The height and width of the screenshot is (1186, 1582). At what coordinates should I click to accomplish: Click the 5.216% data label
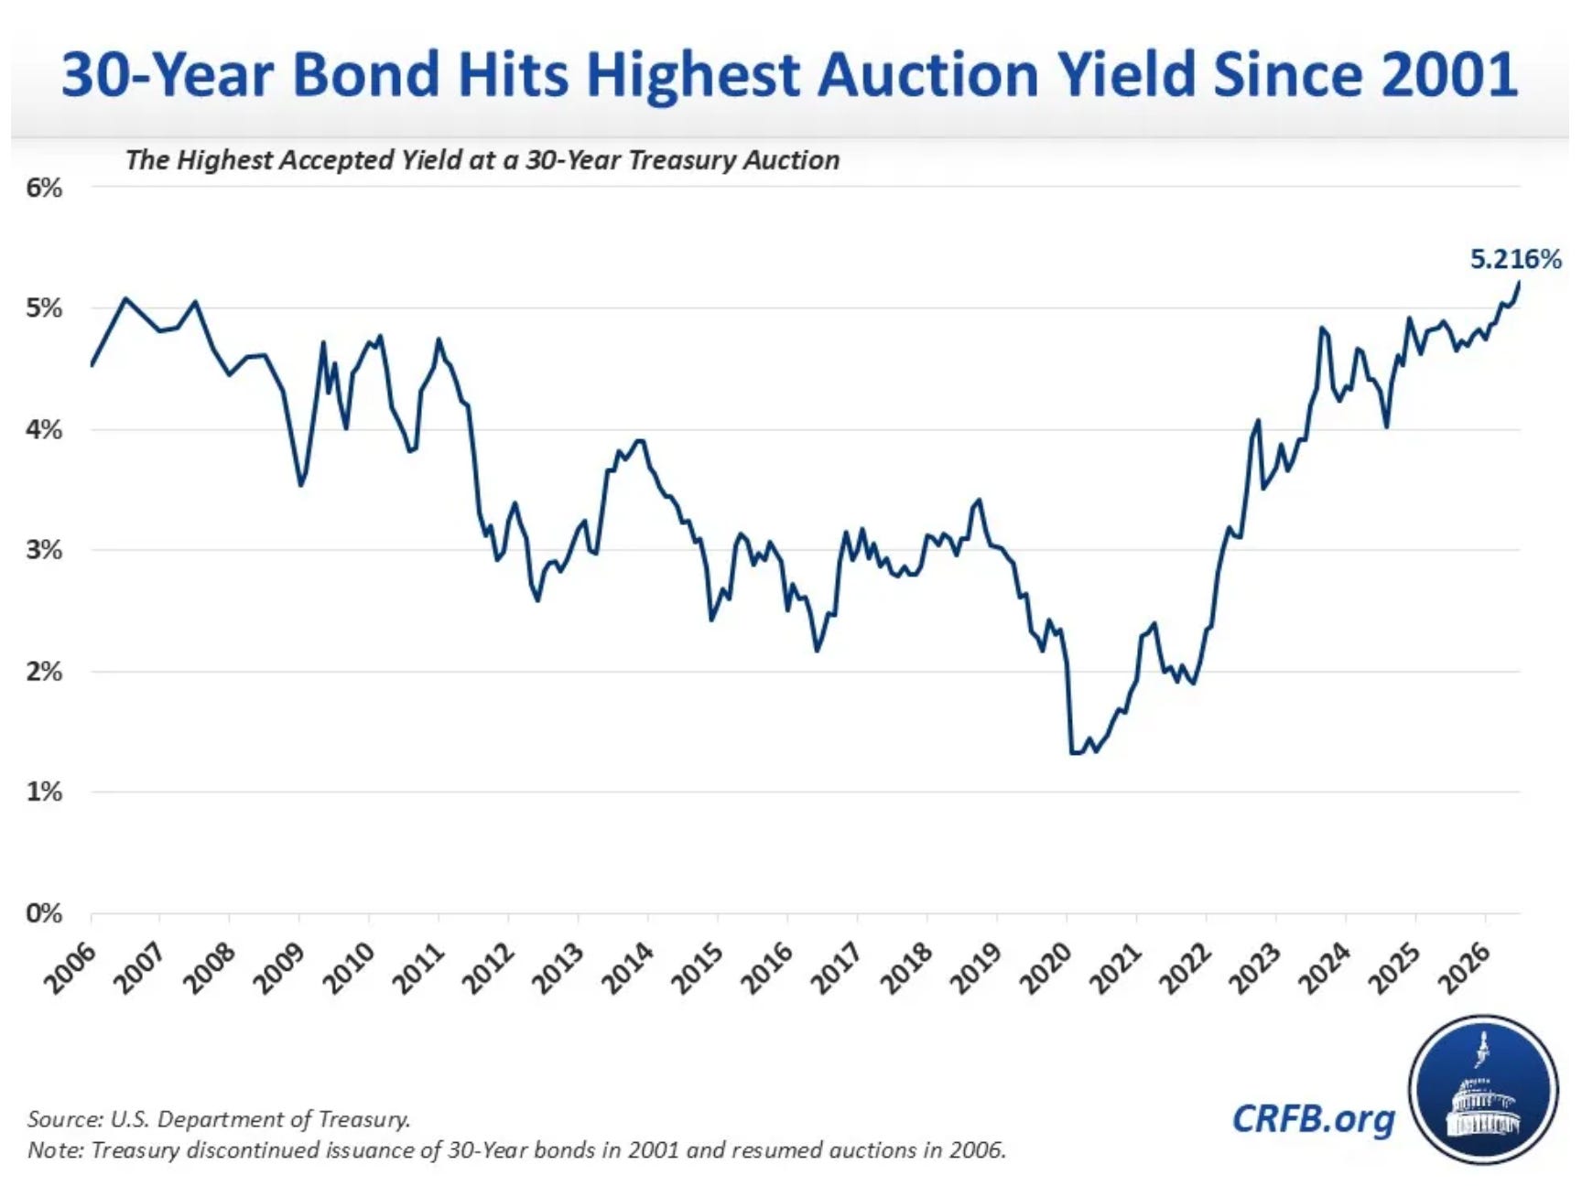[1515, 259]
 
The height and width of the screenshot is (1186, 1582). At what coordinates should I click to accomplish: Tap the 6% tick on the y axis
[44, 189]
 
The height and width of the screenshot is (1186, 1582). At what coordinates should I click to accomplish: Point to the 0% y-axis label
[44, 913]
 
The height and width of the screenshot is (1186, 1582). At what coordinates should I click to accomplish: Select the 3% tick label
[44, 550]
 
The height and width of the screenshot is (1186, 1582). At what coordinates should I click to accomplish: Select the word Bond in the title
[366, 75]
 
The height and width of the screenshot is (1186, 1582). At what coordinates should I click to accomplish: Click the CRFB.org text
[1314, 1118]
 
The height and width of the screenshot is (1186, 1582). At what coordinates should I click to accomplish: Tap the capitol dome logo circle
[1483, 1090]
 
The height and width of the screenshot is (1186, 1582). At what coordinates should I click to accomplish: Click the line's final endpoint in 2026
[1519, 282]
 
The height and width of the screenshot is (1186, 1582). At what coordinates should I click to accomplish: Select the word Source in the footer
[63, 1119]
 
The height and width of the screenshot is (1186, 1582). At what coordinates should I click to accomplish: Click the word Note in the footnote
[55, 1149]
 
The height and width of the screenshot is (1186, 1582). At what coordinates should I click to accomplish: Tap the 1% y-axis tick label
[44, 792]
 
